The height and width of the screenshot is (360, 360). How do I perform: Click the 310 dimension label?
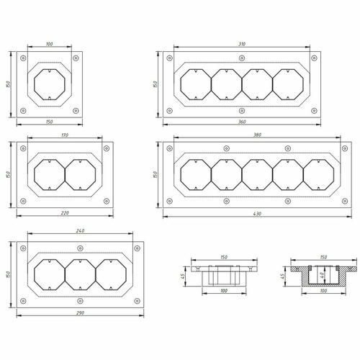coord(242,44)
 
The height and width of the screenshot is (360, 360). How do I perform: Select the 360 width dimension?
coord(242,122)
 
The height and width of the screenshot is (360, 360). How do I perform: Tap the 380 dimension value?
coord(257,135)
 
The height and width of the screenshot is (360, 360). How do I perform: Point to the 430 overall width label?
coord(257,213)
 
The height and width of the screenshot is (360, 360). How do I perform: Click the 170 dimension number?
coord(65,135)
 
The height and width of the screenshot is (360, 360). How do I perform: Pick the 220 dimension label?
coord(65,212)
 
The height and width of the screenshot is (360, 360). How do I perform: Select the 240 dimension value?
coord(80,230)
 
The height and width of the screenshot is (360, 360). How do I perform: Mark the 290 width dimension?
coord(80,313)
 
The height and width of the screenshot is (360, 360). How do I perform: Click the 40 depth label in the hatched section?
coord(322,274)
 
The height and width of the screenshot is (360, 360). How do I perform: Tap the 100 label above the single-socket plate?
coord(49,44)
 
